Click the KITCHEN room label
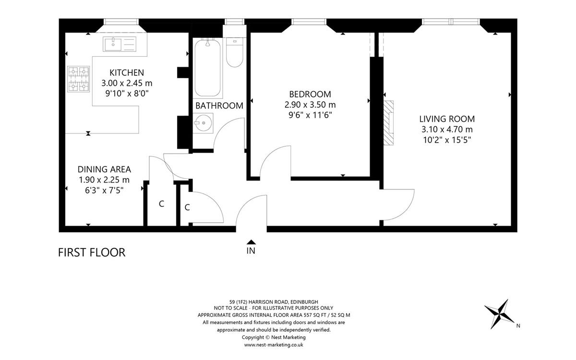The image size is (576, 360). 127,73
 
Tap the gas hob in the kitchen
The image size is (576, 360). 79,79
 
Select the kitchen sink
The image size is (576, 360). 120,44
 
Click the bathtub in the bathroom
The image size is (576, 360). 207,68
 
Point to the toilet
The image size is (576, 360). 235,52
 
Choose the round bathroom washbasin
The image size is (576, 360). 203,123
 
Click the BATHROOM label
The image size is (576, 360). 219,106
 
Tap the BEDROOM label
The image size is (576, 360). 310,95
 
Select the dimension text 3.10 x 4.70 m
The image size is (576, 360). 447,129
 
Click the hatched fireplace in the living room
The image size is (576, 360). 388,123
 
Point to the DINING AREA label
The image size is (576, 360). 104,169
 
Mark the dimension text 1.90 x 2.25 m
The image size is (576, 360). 104,180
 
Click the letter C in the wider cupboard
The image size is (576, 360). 161,204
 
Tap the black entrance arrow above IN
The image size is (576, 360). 251,242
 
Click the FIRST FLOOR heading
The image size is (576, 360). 92,252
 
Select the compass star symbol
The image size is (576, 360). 499,314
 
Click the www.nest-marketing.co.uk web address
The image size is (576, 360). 274,345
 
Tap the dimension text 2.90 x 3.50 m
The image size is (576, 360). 310,105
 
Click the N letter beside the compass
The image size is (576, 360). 518,326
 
